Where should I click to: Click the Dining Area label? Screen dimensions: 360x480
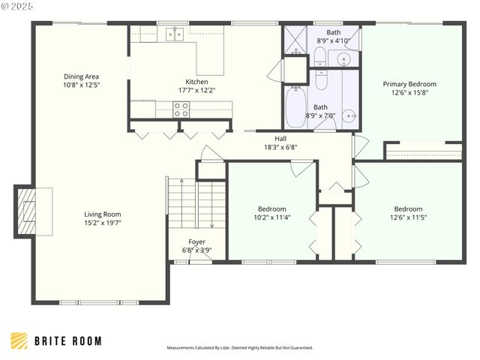pyautogui.click(x=82, y=76)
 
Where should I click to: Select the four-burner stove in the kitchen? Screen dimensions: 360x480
pyautogui.click(x=181, y=109)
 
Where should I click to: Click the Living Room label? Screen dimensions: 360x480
pyautogui.click(x=102, y=214)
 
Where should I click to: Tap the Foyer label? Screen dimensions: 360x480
pyautogui.click(x=196, y=241)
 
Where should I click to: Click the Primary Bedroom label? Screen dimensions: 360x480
pyautogui.click(x=409, y=84)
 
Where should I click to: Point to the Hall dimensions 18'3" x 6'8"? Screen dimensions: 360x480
pyautogui.click(x=280, y=147)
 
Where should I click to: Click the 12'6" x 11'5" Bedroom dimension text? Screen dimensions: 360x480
pyautogui.click(x=408, y=217)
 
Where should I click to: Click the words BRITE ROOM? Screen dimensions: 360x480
pyautogui.click(x=67, y=341)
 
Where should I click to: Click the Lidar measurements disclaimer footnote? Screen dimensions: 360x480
pyautogui.click(x=239, y=348)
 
